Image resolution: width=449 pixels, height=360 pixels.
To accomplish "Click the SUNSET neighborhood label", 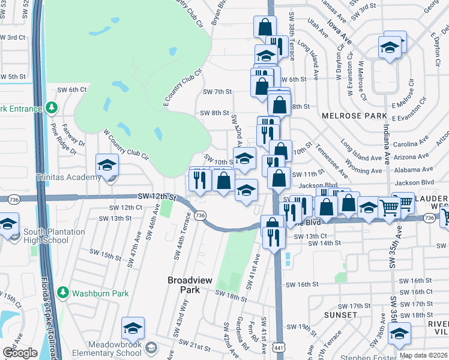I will [340, 314].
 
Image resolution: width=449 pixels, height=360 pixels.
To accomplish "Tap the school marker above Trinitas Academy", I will [107, 165].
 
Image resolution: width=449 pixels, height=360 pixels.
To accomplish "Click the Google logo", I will [20, 352].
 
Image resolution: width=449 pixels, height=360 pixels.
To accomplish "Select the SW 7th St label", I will [217, 92].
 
